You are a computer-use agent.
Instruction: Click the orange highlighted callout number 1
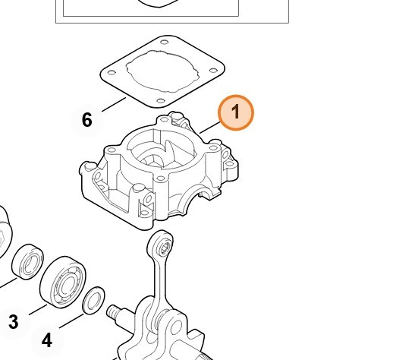point(236,113)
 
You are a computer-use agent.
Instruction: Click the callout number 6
point(87,120)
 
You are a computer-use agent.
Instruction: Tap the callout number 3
point(14,322)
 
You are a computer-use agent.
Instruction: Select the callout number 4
point(47,339)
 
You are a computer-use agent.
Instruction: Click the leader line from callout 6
point(114,104)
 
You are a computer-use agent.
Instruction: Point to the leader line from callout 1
point(210,128)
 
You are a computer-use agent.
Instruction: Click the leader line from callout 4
point(71,321)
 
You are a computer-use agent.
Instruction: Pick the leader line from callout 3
point(38,310)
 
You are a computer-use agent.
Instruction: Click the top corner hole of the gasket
point(165,42)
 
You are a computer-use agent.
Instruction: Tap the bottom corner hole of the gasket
point(161,101)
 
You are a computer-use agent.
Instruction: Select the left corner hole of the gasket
point(112,72)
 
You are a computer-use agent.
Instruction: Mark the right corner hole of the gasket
point(213,70)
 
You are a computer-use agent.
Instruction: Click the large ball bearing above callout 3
point(63,282)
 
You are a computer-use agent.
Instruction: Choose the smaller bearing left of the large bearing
point(28,262)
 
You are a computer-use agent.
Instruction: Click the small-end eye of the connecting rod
point(160,243)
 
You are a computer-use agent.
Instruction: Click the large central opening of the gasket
point(162,70)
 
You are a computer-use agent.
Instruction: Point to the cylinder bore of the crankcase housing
point(162,150)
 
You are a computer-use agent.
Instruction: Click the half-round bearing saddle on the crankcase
point(200,188)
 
